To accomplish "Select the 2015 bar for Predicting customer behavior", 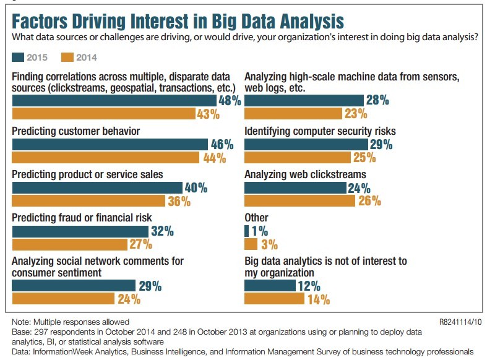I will click(110, 145).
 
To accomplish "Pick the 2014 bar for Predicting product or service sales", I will click(88, 201).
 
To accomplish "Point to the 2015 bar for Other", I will click(247, 231).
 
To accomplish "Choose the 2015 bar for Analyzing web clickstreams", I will click(296, 188).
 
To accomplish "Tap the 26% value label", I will click(369, 201).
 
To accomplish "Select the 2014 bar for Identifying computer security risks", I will click(299, 158).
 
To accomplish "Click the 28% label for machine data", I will click(376, 100).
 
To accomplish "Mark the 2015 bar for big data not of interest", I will click(270, 286).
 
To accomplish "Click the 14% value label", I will click(317, 299).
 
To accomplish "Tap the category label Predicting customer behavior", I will click(76, 131).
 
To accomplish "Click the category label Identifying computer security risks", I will click(321, 131).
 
